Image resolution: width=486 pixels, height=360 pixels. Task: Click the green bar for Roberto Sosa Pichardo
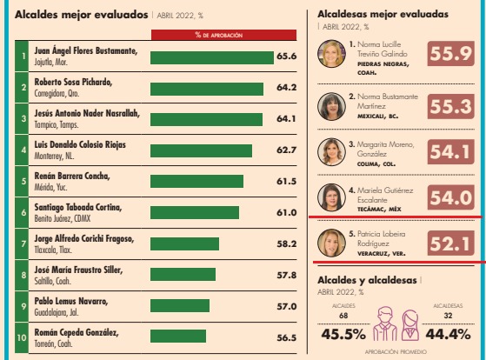click(x=207, y=89)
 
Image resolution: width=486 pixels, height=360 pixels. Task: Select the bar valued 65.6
click(x=211, y=57)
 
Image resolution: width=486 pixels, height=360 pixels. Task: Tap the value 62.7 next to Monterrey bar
click(x=286, y=150)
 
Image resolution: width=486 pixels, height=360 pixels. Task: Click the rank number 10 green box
click(x=22, y=337)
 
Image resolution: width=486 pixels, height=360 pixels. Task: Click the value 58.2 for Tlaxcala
click(x=286, y=244)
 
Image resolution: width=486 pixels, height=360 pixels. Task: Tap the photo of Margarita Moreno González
click(x=331, y=151)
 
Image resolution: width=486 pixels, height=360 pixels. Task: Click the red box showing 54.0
click(x=450, y=197)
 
